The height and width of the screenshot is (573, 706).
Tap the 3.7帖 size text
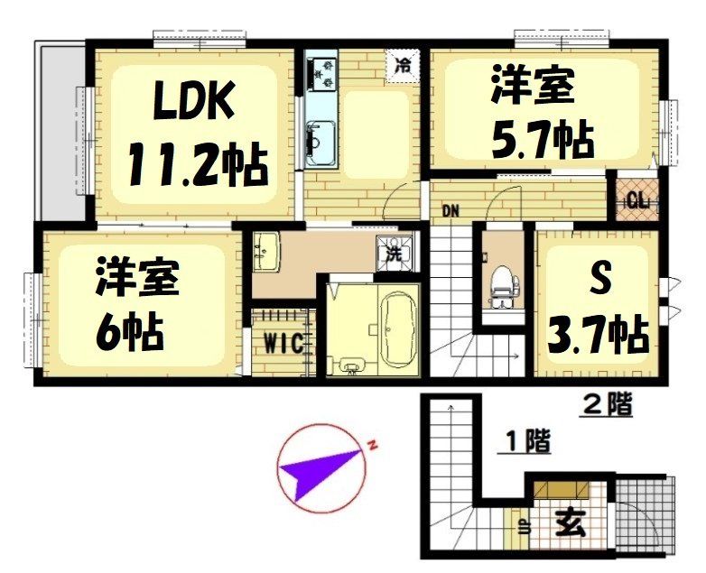coord(599,333)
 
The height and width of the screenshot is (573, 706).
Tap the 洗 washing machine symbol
coord(395,254)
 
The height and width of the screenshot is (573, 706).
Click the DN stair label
coord(451,213)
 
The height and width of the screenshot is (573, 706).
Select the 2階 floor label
coord(606,406)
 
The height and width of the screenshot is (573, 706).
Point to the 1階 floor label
coord(525,442)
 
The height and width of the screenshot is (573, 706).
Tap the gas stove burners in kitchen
coord(322,72)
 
